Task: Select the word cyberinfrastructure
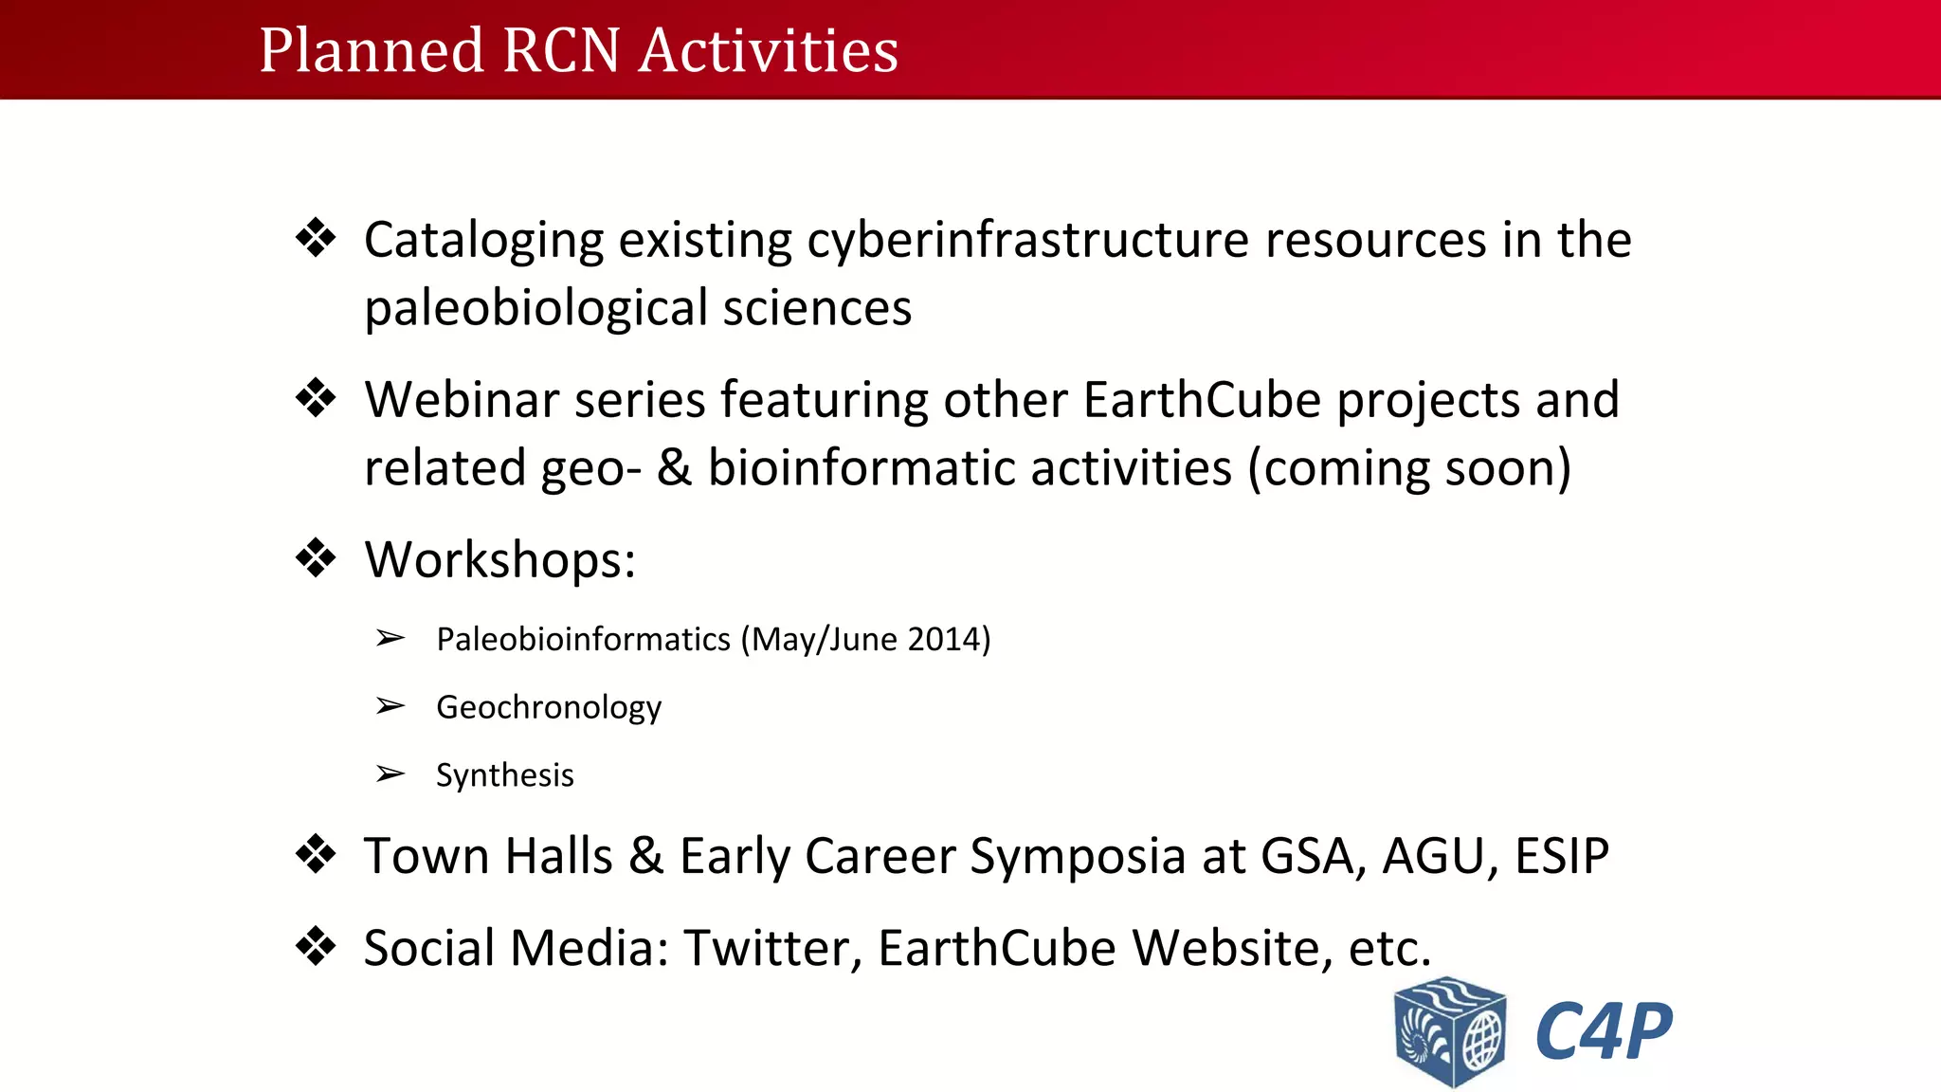pyautogui.click(x=1028, y=240)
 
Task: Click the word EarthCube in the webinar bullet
pyautogui.click(x=1202, y=400)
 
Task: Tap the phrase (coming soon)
pyautogui.click(x=1409, y=468)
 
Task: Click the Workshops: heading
pyautogui.click(x=499, y=559)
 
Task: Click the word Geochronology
pyautogui.click(x=549, y=707)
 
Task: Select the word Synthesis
pyautogui.click(x=504, y=775)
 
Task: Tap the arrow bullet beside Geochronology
pyautogui.click(x=390, y=706)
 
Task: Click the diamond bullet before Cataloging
pyautogui.click(x=316, y=237)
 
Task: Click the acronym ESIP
pyautogui.click(x=1561, y=856)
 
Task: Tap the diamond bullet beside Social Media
pyautogui.click(x=316, y=945)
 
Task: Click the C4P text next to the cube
pyautogui.click(x=1603, y=1031)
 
